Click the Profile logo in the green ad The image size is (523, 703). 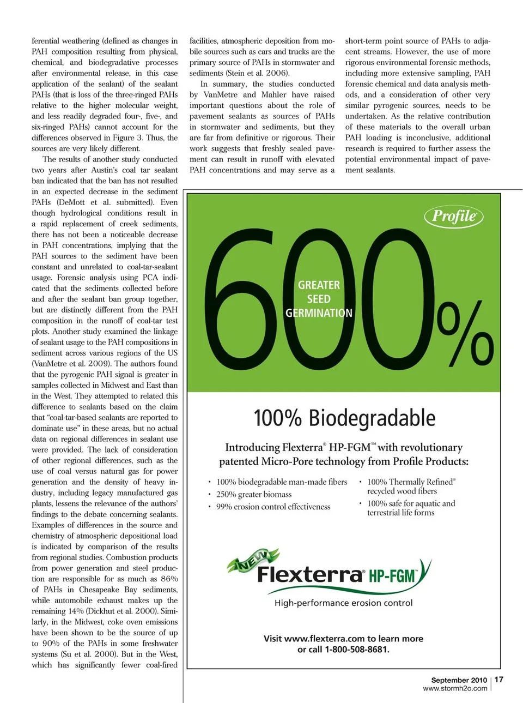coord(454,217)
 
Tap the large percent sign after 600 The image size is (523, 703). coord(466,335)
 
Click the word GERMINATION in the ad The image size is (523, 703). coord(319,313)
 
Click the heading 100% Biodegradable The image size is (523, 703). coord(344,418)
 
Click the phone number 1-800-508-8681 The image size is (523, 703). coord(357,650)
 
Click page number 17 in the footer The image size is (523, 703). coord(499,680)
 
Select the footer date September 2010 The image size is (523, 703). coord(459,680)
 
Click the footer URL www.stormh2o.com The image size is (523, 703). coord(455,688)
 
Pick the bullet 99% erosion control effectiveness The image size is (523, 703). coord(273,507)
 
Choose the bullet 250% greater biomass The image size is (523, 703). coord(254,494)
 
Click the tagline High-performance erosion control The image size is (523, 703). coord(343,603)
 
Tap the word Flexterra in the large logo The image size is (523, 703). coord(309,575)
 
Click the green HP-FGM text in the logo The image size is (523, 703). coord(392,576)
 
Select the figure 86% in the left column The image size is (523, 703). coord(169,579)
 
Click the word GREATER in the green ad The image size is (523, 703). coord(319,285)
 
